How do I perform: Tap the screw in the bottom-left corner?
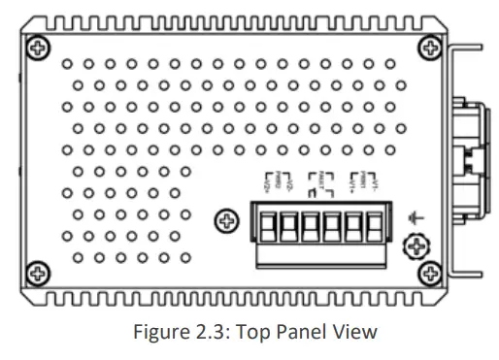pos(38,273)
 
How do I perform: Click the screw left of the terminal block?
pos(226,221)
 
